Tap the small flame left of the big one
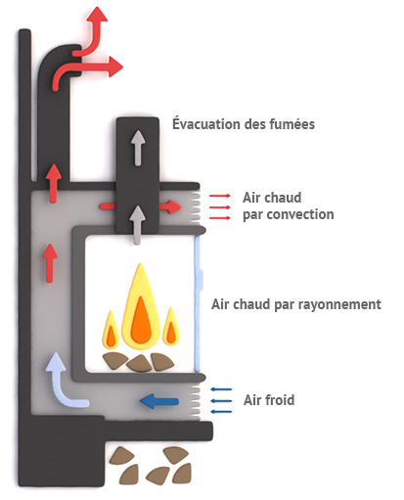tap(111, 330)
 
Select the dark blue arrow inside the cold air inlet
tap(159, 401)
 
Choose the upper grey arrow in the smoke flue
tap(138, 148)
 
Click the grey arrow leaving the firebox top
tap(138, 225)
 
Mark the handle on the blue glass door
tap(201, 279)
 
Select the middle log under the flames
tap(140, 363)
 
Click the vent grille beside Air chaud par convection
tap(195, 207)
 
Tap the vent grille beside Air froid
tap(195, 402)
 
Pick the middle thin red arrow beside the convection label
tap(220, 207)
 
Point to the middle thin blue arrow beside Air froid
tap(221, 401)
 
